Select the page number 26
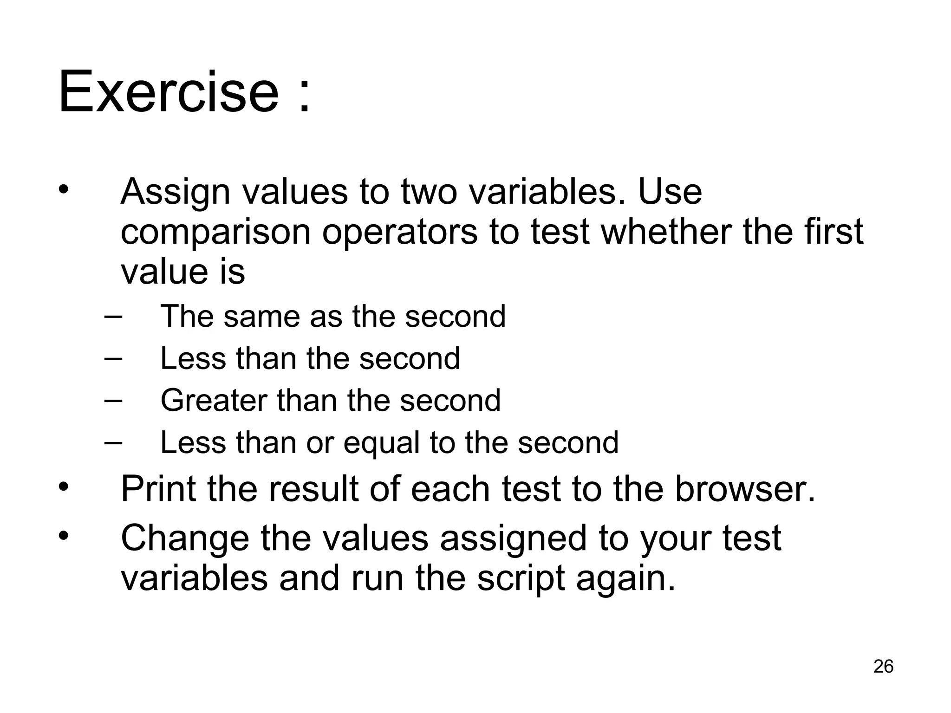click(883, 666)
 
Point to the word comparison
click(215, 233)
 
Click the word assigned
click(513, 538)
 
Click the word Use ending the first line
click(670, 192)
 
